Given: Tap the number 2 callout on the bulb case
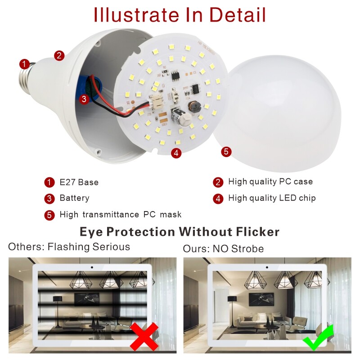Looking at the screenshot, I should coord(59,56).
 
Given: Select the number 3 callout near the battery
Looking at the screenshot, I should coord(84,99).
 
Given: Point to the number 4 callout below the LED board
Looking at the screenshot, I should coord(176,153).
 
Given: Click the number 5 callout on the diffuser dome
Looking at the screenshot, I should coord(226,151).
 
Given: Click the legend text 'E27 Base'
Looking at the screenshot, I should coord(79,182).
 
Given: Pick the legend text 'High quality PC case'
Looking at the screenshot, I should coord(270,182).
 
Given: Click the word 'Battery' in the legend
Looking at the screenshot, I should coord(74,198).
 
